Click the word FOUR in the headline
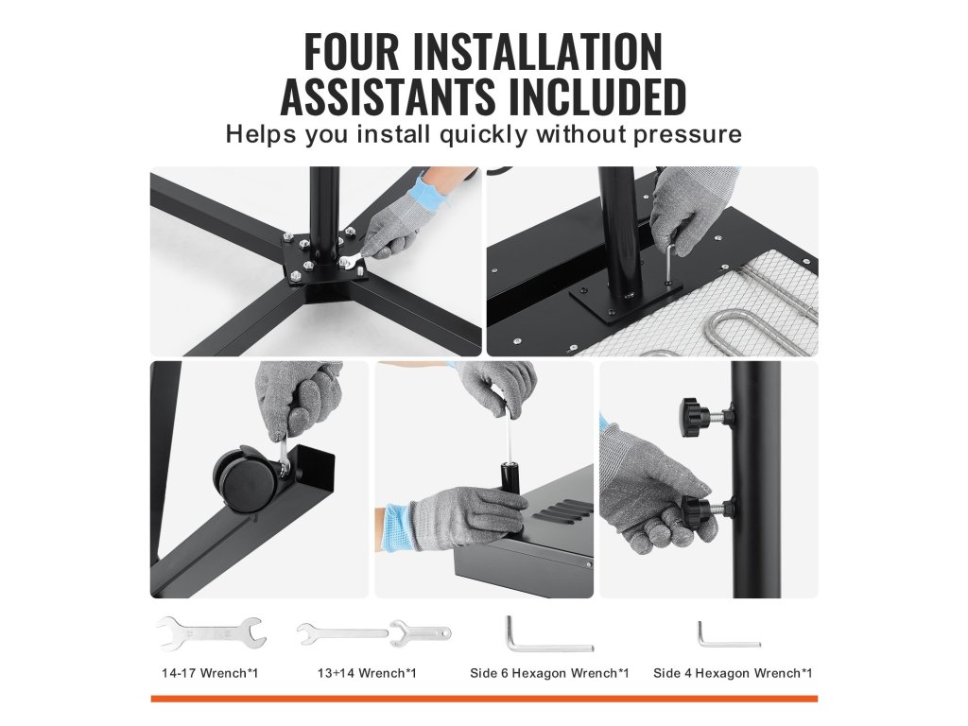click(x=352, y=53)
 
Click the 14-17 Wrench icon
click(x=211, y=633)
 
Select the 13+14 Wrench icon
click(x=373, y=634)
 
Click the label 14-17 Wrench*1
click(x=210, y=673)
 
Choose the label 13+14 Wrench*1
click(x=367, y=673)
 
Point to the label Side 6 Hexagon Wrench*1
click(x=549, y=673)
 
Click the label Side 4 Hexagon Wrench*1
click(x=733, y=673)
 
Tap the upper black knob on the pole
click(x=697, y=417)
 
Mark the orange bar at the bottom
click(x=484, y=699)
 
